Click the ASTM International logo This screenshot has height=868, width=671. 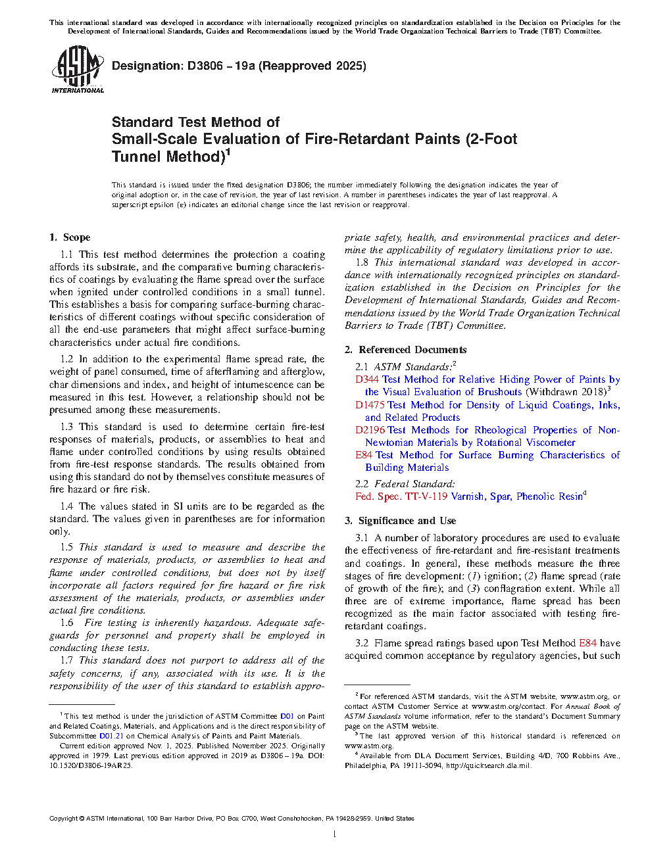pyautogui.click(x=78, y=69)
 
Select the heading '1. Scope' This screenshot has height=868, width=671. pyautogui.click(x=70, y=237)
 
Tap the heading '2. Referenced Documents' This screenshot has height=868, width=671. pyautogui.click(x=406, y=350)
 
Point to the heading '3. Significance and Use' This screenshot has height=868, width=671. pyautogui.click(x=400, y=521)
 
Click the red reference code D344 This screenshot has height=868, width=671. pyautogui.click(x=367, y=379)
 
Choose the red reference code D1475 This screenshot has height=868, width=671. pyautogui.click(x=370, y=405)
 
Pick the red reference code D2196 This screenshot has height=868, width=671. pyautogui.click(x=370, y=430)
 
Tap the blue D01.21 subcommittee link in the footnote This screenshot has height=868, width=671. pyautogui.click(x=111, y=736)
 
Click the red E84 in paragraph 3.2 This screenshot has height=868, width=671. pyautogui.click(x=587, y=643)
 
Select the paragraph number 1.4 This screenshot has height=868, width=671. pyautogui.click(x=66, y=506)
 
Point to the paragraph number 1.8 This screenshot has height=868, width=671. pyautogui.click(x=362, y=262)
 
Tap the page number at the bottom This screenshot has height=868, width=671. pyautogui.click(x=335, y=834)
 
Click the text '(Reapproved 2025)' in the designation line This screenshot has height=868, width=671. pyautogui.click(x=312, y=66)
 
